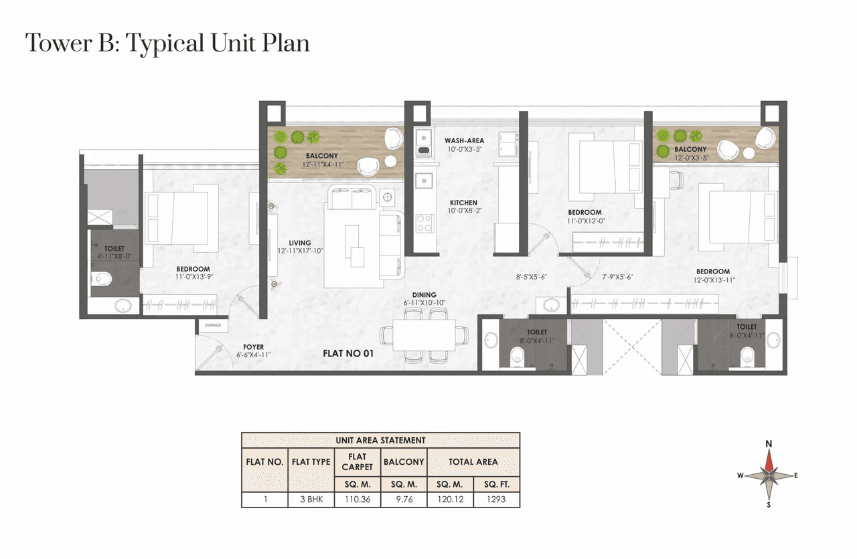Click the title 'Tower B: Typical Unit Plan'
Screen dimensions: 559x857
[167, 43]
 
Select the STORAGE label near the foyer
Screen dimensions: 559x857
[212, 326]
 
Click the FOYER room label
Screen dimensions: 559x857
[253, 347]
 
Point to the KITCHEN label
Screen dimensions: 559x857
[463, 203]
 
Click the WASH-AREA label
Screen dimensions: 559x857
[464, 140]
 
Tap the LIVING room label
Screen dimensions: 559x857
[299, 243]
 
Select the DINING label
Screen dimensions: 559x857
[424, 295]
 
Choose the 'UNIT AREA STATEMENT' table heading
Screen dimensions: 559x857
[380, 440]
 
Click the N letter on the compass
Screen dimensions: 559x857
[769, 444]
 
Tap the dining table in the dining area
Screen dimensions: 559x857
[424, 334]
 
